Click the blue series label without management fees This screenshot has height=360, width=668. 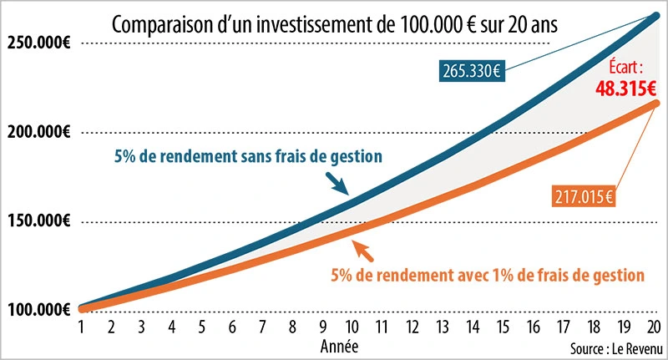[248, 155]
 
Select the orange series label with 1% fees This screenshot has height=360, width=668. [487, 273]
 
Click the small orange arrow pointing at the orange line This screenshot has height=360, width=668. [362, 249]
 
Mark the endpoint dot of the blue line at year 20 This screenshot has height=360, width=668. [655, 14]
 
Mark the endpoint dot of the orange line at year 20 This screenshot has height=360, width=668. [655, 103]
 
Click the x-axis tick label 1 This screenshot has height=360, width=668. [82, 328]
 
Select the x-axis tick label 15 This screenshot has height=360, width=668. [504, 328]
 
